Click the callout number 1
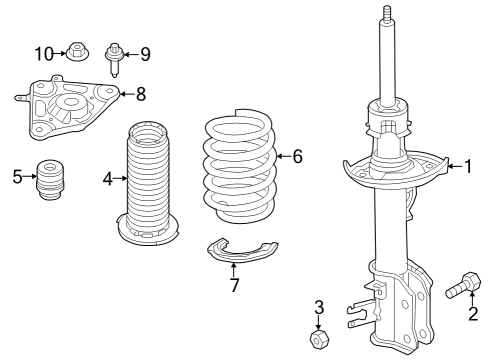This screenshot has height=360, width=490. tap(467, 166)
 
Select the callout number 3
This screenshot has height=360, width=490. tap(319, 306)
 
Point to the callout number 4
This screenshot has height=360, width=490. tap(108, 180)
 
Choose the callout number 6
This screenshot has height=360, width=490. tap(296, 156)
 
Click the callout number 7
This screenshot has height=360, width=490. tap(234, 286)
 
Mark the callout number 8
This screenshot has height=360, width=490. tap(140, 95)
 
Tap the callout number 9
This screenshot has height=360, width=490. tap(144, 52)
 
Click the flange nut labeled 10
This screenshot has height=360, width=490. tap(77, 50)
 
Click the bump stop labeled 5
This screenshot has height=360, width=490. tap(50, 180)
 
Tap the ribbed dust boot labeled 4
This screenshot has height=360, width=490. tap(148, 185)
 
